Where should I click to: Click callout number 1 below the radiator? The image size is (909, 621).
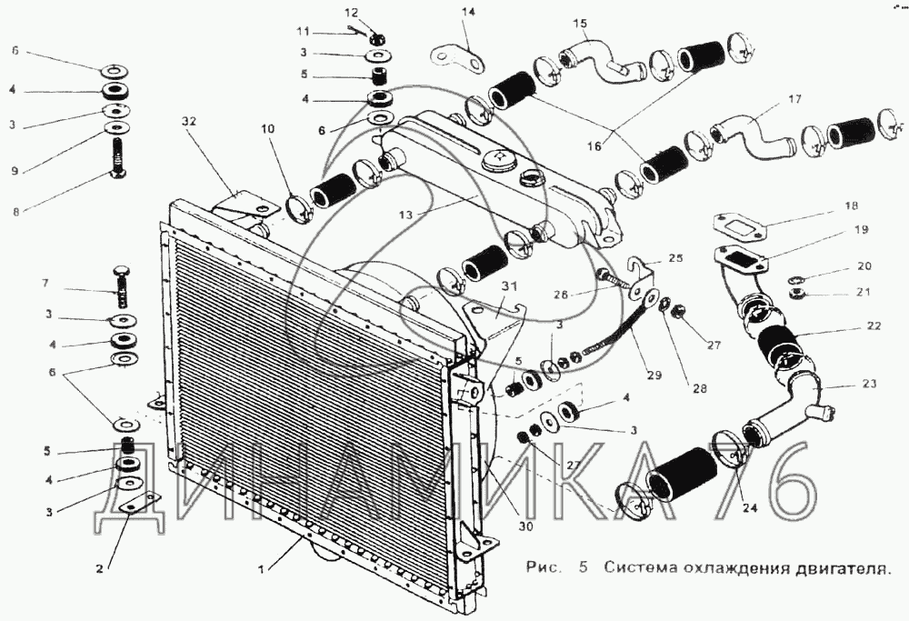(262, 569)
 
